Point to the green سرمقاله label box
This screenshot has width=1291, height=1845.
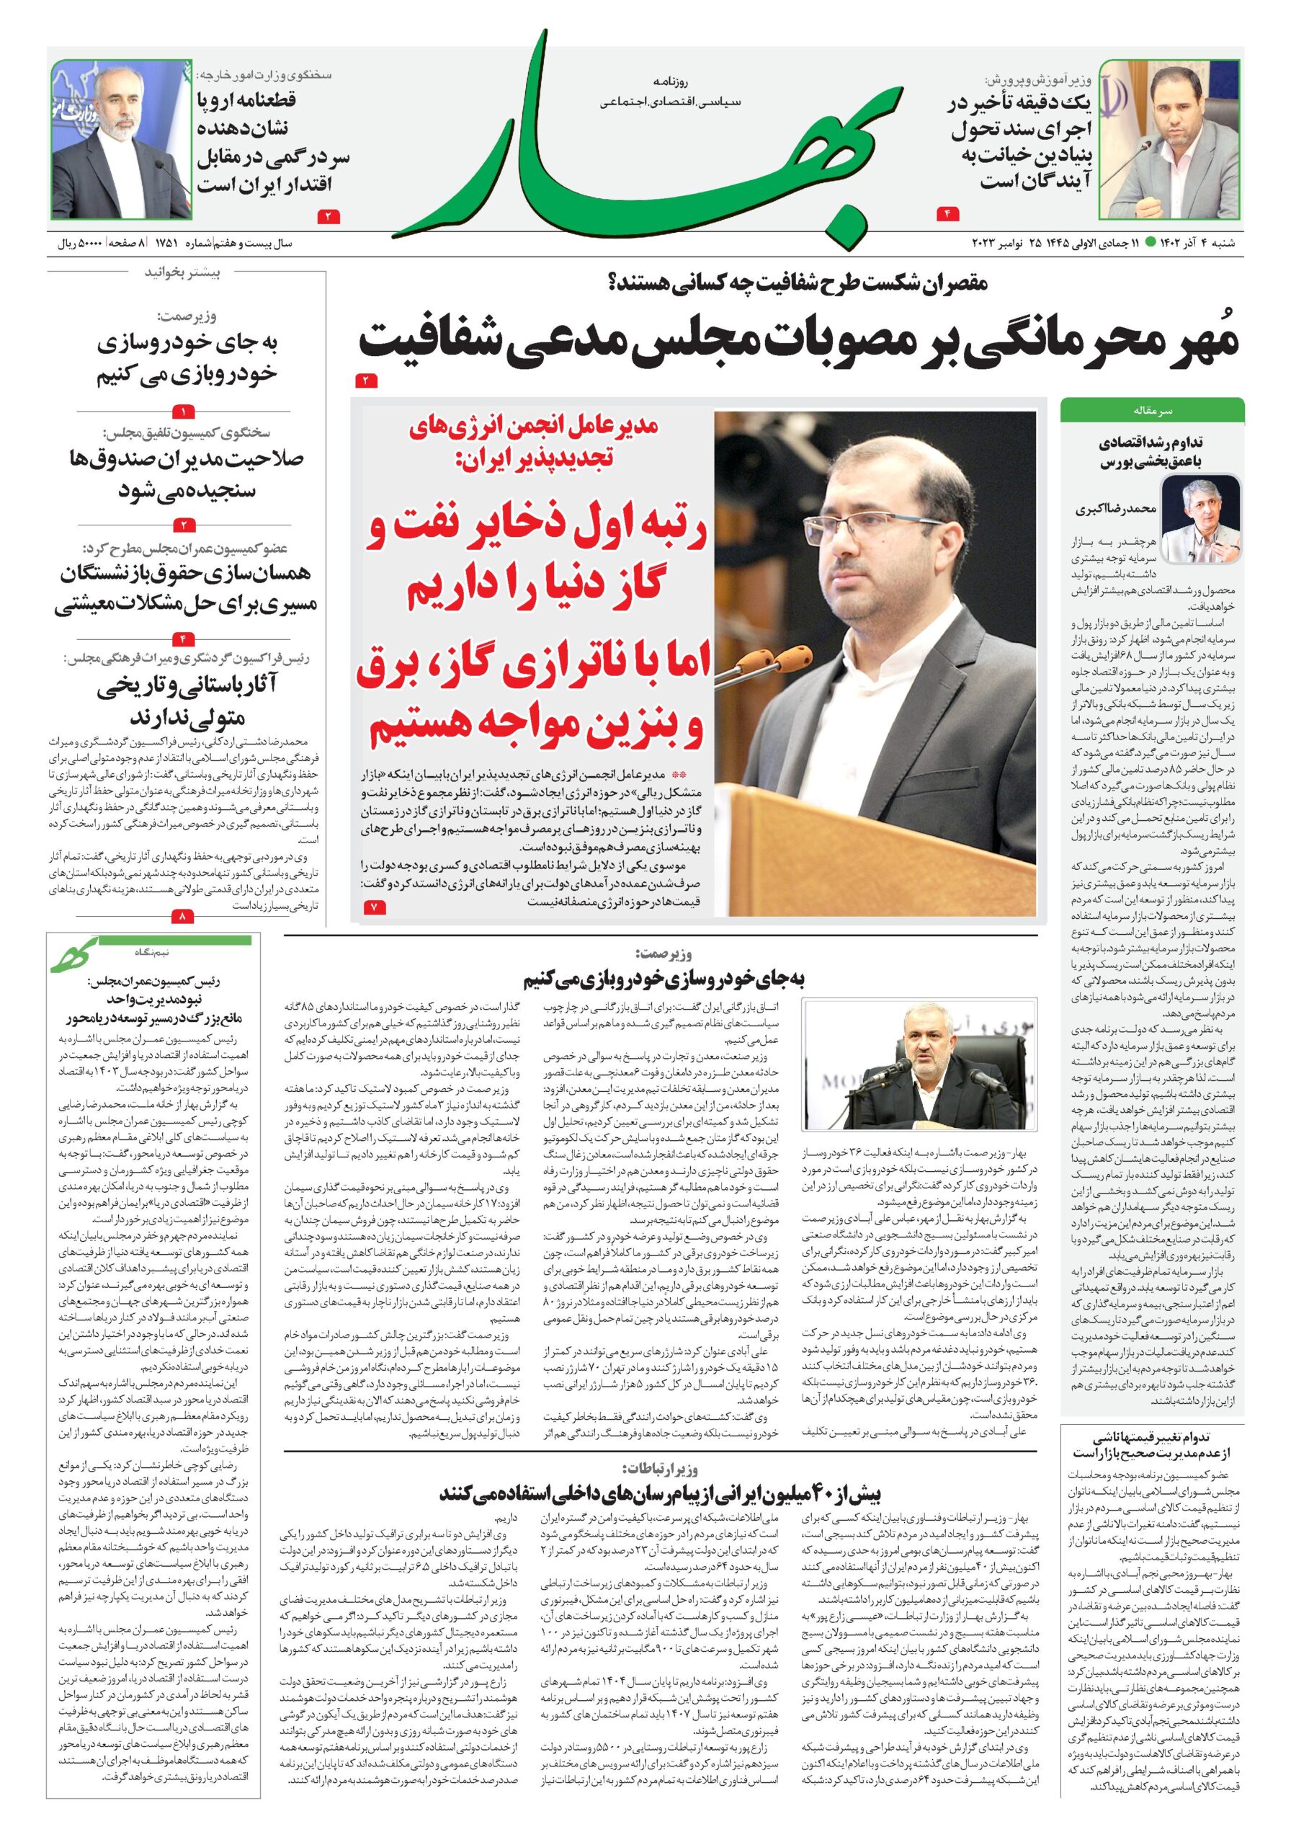pyautogui.click(x=1151, y=411)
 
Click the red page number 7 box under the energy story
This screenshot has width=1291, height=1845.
pyautogui.click(x=375, y=907)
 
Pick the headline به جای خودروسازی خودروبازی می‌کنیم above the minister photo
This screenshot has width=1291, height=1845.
pyautogui.click(x=663, y=979)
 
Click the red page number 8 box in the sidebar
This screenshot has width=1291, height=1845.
pyautogui.click(x=183, y=915)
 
